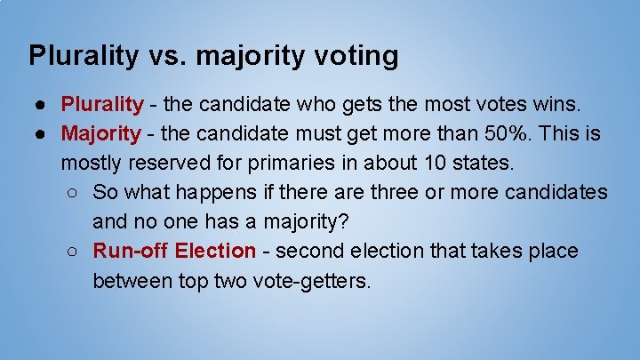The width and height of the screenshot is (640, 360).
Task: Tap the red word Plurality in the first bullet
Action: pos(101,105)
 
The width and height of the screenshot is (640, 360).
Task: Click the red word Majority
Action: pos(100,134)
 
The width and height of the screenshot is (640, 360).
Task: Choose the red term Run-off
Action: pos(131,251)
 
